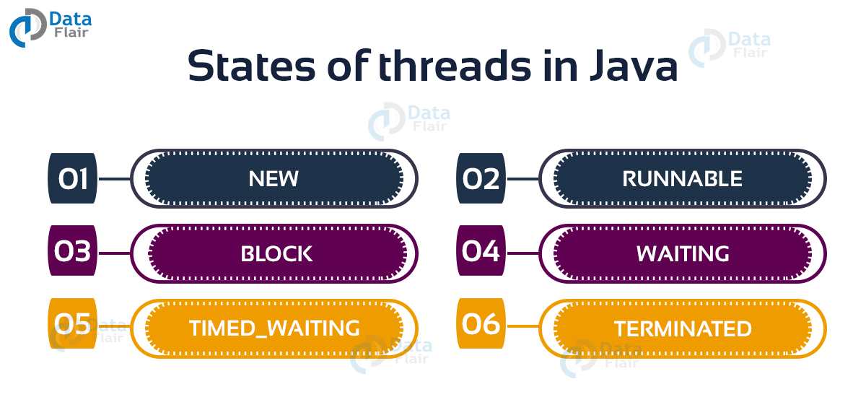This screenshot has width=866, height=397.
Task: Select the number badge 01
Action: pyautogui.click(x=72, y=178)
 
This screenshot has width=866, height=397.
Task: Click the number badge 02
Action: pyautogui.click(x=481, y=178)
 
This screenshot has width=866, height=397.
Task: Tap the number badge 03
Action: pyautogui.click(x=72, y=253)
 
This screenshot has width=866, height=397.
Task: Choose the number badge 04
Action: pyautogui.click(x=481, y=253)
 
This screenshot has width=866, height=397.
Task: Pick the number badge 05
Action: pyautogui.click(x=72, y=326)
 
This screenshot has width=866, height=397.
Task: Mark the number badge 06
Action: pyautogui.click(x=481, y=326)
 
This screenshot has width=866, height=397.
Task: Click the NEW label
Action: pyautogui.click(x=274, y=179)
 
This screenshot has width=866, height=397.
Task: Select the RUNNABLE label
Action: pyautogui.click(x=682, y=179)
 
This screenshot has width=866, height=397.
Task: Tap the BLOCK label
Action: pyautogui.click(x=276, y=253)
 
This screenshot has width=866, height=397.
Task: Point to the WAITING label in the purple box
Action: pyautogui.click(x=683, y=253)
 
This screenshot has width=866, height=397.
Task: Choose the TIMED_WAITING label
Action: pyautogui.click(x=274, y=328)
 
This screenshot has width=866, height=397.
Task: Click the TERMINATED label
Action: pyautogui.click(x=683, y=329)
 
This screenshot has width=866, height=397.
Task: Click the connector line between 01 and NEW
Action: pyautogui.click(x=113, y=179)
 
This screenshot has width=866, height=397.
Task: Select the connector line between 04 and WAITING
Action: pyautogui.click(x=522, y=253)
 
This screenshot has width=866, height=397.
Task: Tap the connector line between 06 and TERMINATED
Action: pyautogui.click(x=522, y=327)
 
